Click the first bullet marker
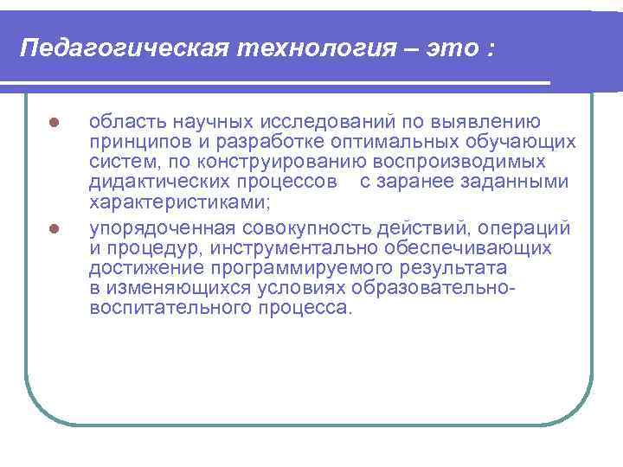point(54,122)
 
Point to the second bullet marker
point(54,229)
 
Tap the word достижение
point(142,268)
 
